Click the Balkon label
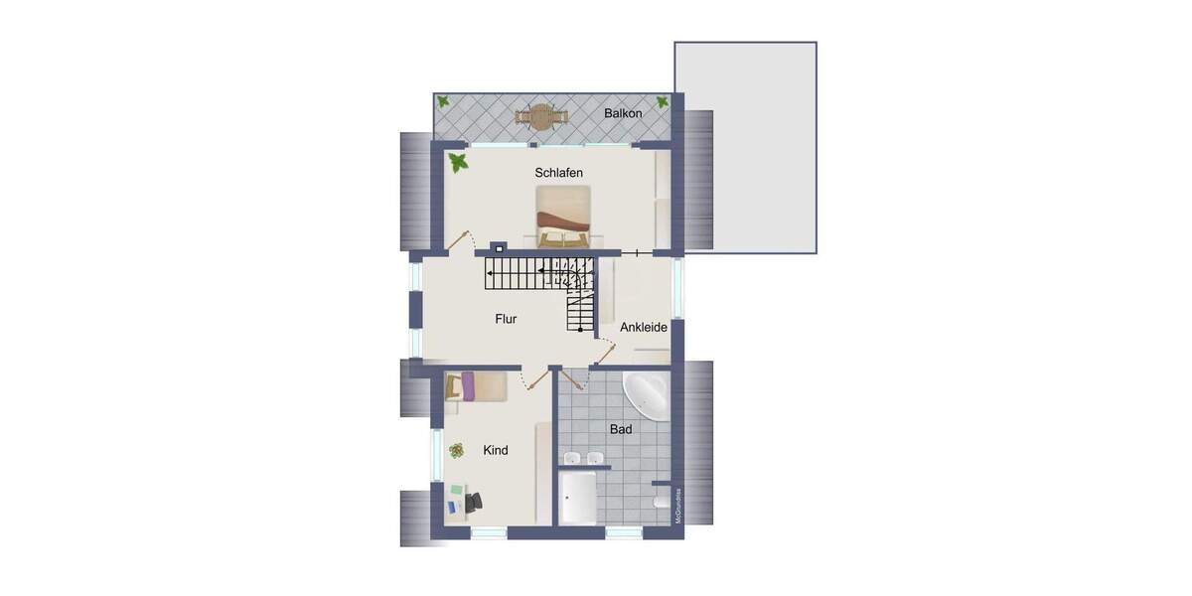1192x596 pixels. (623, 114)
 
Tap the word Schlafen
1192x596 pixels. (558, 173)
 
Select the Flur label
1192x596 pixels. (507, 320)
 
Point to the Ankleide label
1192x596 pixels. (644, 327)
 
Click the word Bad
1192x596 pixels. (621, 430)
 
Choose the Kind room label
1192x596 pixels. (496, 451)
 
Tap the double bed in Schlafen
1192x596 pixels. (563, 218)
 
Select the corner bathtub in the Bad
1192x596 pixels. (644, 398)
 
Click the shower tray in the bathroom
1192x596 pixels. (578, 498)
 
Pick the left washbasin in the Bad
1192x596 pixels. (571, 458)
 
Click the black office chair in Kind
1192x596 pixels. (471, 504)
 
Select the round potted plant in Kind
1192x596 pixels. (457, 451)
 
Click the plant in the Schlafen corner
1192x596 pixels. (458, 162)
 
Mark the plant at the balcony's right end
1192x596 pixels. (663, 102)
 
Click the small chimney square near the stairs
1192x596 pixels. (499, 248)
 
